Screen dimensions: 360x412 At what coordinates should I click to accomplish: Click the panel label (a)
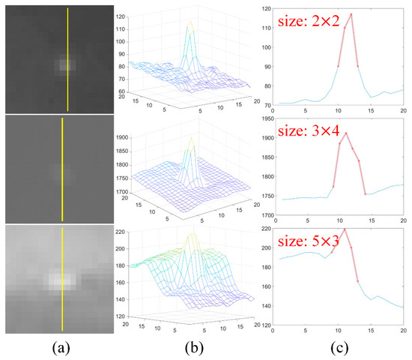(62, 348)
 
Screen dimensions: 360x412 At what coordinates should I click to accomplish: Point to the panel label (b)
(190, 348)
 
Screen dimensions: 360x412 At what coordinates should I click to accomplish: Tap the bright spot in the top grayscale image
(67, 64)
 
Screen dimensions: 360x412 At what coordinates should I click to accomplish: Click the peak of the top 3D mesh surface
(190, 20)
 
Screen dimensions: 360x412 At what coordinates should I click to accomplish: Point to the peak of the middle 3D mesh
(192, 139)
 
